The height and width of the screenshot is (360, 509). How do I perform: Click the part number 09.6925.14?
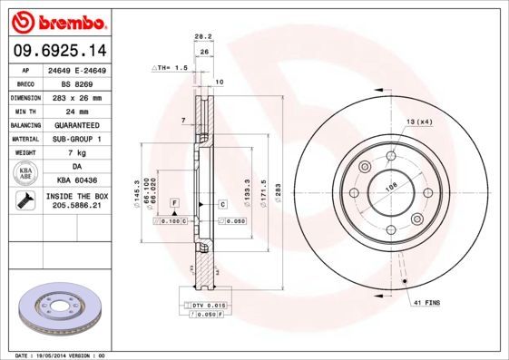click(60, 51)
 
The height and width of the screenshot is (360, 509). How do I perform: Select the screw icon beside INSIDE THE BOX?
click(22, 201)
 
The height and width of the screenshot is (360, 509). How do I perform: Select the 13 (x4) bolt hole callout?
click(418, 121)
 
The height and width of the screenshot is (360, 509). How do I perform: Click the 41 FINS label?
click(426, 300)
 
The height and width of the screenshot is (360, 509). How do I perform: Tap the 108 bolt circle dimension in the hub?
click(392, 189)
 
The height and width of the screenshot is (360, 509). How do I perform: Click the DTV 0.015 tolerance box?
click(207, 306)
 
